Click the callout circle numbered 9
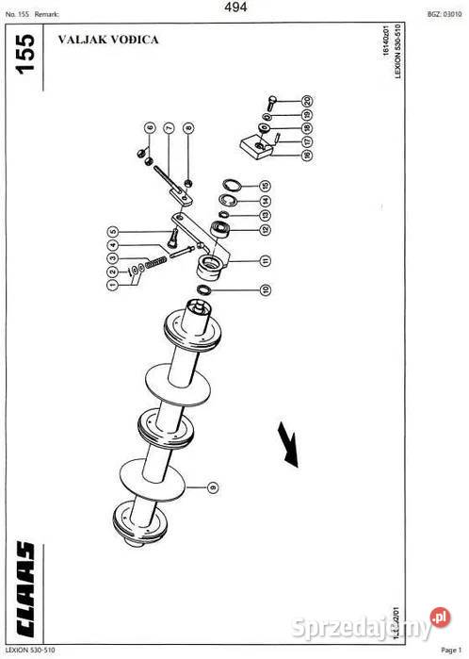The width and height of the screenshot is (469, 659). [213, 486]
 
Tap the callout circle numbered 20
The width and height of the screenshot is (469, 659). [307, 100]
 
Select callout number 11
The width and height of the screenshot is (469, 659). [266, 260]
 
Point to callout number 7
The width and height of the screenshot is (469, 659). [169, 127]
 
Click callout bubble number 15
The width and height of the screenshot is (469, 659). [266, 185]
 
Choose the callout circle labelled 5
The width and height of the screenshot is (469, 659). [112, 232]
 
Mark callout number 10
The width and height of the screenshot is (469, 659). [266, 290]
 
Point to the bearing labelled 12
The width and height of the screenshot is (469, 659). [222, 228]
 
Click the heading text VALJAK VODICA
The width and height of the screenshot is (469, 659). [108, 40]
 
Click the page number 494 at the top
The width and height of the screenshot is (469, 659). [235, 8]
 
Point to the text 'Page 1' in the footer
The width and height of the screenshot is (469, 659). [448, 651]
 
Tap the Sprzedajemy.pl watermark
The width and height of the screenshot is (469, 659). [380, 623]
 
